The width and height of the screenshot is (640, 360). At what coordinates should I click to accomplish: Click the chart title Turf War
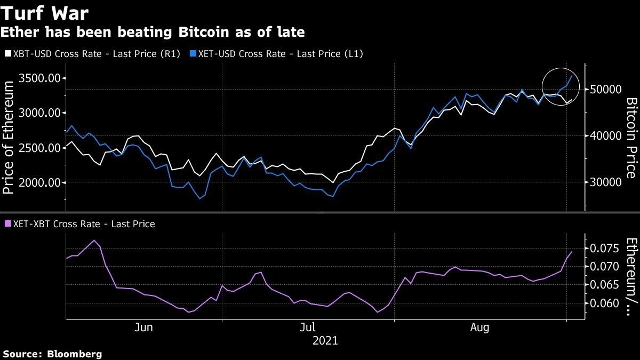coord(45,13)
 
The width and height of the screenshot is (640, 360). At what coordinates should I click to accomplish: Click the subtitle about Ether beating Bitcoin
coord(153,33)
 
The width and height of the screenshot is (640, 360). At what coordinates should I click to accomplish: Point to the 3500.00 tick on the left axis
coord(39,78)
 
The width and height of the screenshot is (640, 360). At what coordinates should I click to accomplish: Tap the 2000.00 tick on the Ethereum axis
coord(39,182)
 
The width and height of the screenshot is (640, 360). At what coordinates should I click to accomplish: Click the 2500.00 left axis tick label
coord(39,148)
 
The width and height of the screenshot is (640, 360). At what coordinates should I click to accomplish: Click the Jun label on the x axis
coord(144,327)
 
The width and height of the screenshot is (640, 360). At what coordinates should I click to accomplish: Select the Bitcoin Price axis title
coord(631,138)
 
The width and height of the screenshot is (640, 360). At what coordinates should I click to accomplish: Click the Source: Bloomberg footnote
coord(52,354)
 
